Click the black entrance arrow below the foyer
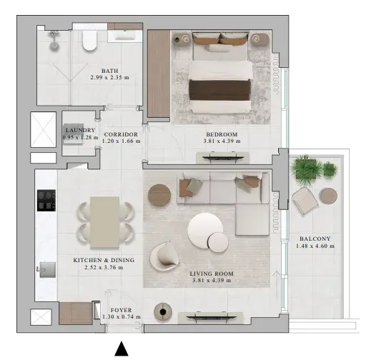(x=122, y=349)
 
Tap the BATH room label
(x=110, y=71)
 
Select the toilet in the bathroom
(x=90, y=41)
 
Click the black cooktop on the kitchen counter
(x=46, y=200)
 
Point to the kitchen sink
(x=47, y=269)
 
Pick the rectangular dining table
(x=104, y=222)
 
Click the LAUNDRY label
(x=81, y=130)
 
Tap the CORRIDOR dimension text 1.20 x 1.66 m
(x=121, y=141)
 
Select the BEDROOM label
(x=222, y=134)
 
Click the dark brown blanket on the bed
(x=219, y=90)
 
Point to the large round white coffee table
(x=205, y=229)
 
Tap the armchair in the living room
(x=164, y=256)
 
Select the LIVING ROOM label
(x=212, y=274)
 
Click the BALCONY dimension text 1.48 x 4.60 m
(x=315, y=246)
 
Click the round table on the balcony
(x=329, y=196)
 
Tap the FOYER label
(x=121, y=310)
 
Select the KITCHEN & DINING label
(x=104, y=260)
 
